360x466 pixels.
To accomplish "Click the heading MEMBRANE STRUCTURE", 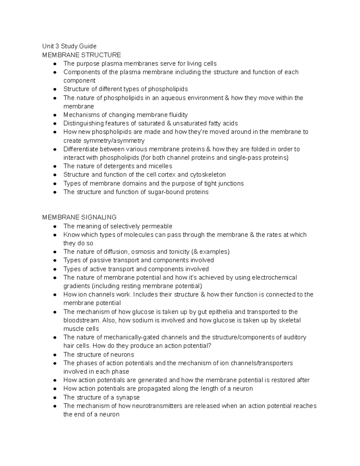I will click(82, 55).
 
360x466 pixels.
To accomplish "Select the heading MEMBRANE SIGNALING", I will click(79, 217).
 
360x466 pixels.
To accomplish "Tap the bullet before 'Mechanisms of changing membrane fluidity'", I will click(55, 115).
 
